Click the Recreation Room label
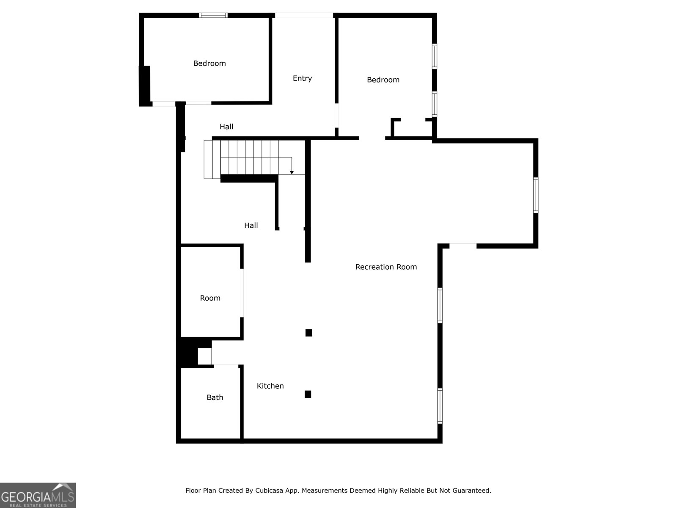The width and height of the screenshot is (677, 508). click(386, 267)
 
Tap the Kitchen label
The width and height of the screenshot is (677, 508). click(270, 386)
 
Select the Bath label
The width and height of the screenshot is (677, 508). click(215, 397)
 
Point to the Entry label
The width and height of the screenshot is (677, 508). click(302, 78)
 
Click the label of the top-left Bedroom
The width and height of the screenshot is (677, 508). click(209, 63)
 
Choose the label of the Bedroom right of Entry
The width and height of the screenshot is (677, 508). click(383, 80)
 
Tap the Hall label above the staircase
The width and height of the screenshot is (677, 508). click(226, 127)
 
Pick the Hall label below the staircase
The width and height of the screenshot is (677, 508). click(251, 226)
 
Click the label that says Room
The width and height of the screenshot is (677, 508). click(210, 298)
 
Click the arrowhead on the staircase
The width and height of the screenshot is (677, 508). click(292, 173)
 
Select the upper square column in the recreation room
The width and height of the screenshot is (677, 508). click(309, 332)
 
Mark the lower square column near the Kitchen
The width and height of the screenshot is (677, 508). click(308, 394)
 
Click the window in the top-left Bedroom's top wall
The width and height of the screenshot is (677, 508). click(213, 15)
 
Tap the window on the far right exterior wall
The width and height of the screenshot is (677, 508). click(536, 195)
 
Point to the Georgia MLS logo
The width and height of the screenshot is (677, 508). click(38, 495)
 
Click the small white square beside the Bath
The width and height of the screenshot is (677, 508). click(204, 356)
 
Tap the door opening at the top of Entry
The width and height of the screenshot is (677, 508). click(304, 15)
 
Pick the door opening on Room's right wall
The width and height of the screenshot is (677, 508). click(242, 293)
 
